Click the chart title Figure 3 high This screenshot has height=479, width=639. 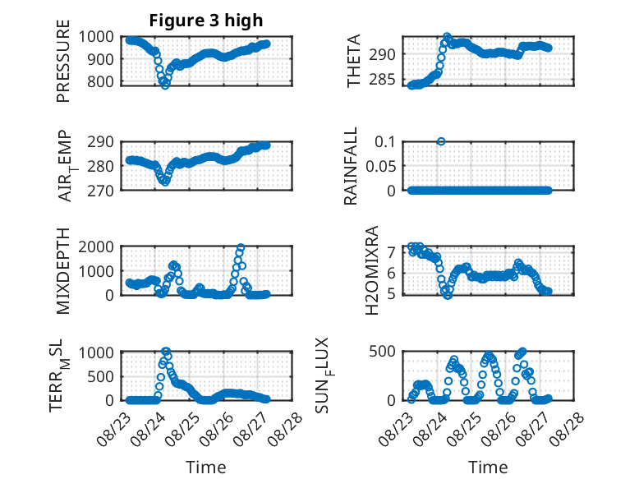206,21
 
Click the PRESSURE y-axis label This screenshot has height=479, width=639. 63,61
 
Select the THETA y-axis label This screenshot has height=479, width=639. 354,61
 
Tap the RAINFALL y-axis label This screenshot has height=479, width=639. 351,166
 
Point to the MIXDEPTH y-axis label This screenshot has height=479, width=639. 63,271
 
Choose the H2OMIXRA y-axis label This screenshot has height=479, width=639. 372,270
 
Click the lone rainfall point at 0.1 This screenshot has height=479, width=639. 441,141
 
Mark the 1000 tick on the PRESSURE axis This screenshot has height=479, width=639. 96,37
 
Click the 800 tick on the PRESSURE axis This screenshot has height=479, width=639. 101,81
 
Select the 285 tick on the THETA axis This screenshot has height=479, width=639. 382,80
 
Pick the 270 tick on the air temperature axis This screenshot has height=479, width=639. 101,191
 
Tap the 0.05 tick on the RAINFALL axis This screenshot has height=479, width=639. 380,166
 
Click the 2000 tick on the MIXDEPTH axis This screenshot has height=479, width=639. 96,246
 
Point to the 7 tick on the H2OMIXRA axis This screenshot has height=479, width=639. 392,253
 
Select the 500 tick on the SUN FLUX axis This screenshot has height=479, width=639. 382,352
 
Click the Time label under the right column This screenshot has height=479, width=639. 488,467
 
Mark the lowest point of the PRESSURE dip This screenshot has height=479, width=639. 165,85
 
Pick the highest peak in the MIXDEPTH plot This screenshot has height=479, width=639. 241,247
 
